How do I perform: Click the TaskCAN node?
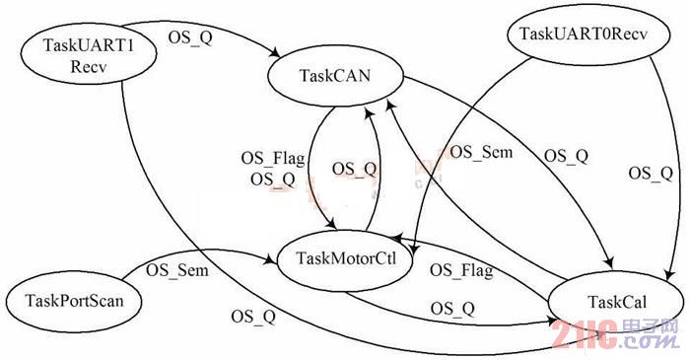point(336,76)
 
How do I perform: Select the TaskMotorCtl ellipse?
point(346,259)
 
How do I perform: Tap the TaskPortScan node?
point(74,302)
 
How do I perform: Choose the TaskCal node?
point(616,303)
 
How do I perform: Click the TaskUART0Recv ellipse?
point(584,34)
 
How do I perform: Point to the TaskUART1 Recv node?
point(89,56)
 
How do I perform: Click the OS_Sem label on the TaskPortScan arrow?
point(176,270)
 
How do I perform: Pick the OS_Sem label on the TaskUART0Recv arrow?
point(481,152)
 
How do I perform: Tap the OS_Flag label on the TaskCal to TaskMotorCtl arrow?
point(461,270)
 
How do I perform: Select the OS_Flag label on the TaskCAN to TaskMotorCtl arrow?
point(273,159)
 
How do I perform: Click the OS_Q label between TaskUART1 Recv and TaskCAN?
point(190,37)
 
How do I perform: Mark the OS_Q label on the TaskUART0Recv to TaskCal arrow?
point(651,173)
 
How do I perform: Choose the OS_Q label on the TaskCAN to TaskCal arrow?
point(566,156)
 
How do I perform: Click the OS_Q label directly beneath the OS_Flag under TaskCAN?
point(273,180)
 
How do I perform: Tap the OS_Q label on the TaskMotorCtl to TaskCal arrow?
point(452,309)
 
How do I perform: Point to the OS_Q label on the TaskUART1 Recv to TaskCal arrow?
point(253,316)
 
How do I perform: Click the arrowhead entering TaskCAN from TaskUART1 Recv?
point(275,52)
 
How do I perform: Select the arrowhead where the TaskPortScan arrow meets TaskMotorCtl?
point(271,260)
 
